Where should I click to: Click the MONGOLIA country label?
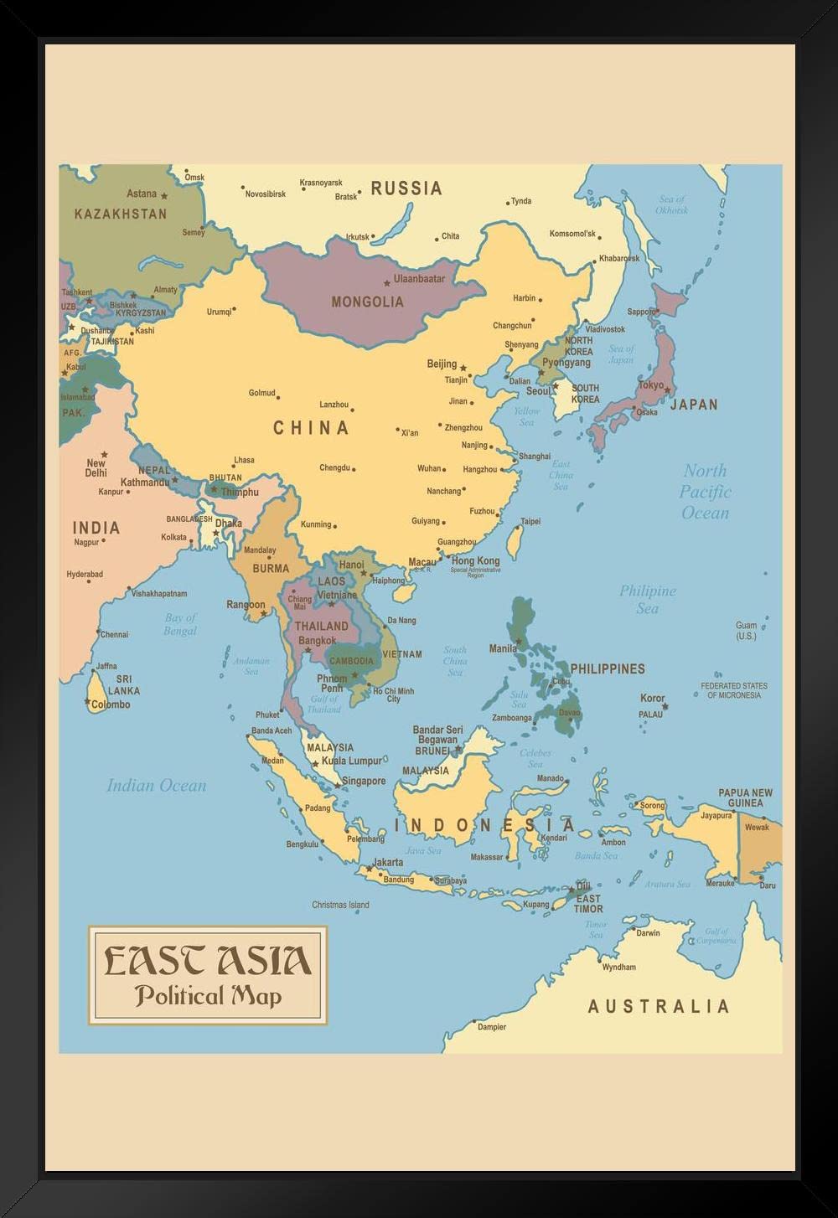click(367, 302)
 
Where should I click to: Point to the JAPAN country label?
click(694, 405)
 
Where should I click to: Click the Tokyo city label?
click(651, 385)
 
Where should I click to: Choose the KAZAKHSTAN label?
click(121, 214)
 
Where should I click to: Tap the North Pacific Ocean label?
click(705, 492)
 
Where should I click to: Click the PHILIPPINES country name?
click(608, 668)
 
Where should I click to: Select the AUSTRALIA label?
click(659, 1006)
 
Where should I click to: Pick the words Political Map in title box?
click(208, 996)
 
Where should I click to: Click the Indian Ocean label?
click(156, 786)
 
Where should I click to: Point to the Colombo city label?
click(111, 704)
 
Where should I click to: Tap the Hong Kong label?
click(475, 560)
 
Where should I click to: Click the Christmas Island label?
click(340, 905)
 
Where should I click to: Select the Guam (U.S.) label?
click(746, 631)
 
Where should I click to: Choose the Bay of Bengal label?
click(180, 624)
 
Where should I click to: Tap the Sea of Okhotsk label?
click(672, 204)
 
